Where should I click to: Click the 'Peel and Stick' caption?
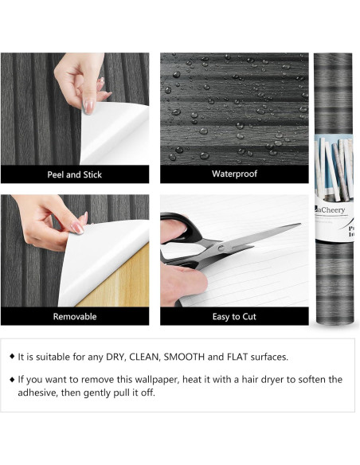pyautogui.click(x=75, y=174)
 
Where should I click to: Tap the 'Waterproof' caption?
pyautogui.click(x=233, y=174)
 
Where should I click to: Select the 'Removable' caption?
pyautogui.click(x=75, y=316)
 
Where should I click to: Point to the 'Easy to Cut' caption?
pyautogui.click(x=233, y=316)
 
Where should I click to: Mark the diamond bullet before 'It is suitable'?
pyautogui.click(x=11, y=357)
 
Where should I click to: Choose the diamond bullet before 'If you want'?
pyautogui.click(x=11, y=379)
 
